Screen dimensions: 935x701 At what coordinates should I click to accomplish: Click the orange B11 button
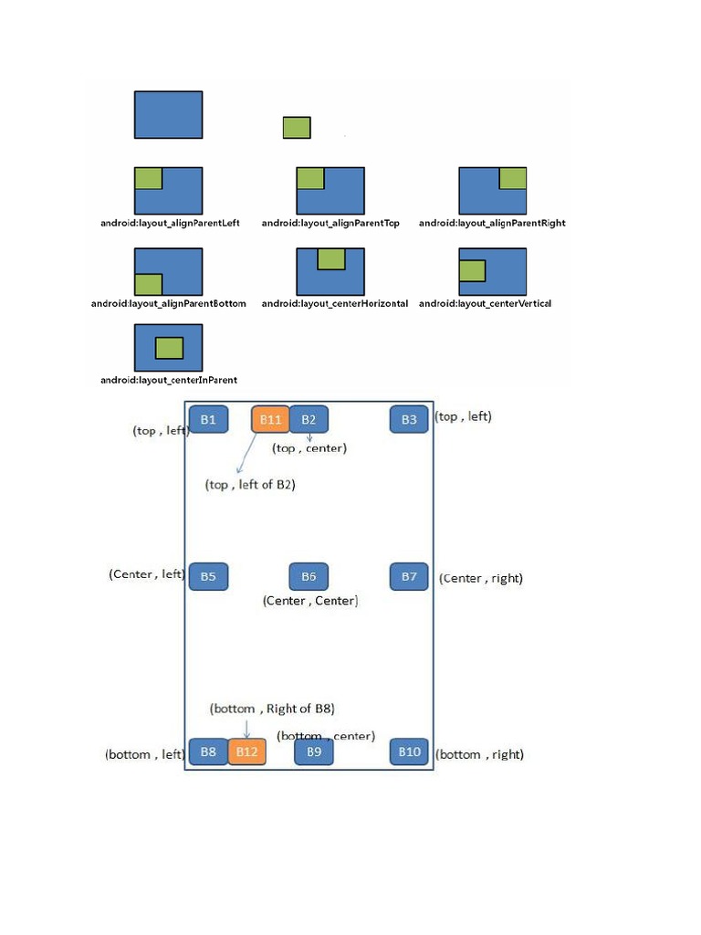pyautogui.click(x=270, y=419)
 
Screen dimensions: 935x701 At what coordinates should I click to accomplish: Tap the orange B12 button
pyautogui.click(x=246, y=751)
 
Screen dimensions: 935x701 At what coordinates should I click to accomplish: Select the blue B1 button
pyautogui.click(x=208, y=419)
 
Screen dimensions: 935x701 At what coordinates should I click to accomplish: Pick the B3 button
pyautogui.click(x=409, y=419)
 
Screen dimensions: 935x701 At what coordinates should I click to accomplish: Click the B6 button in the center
pyautogui.click(x=309, y=576)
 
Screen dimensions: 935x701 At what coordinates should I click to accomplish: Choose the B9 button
pyautogui.click(x=314, y=751)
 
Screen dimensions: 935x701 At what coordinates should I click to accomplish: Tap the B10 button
pyautogui.click(x=409, y=751)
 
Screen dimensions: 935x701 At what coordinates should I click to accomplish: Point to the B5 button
pyautogui.click(x=208, y=576)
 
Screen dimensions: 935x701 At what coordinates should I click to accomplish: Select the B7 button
pyautogui.click(x=409, y=576)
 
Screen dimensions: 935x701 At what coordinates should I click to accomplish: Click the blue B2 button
pyautogui.click(x=309, y=419)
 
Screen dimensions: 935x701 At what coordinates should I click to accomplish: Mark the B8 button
pyautogui.click(x=208, y=751)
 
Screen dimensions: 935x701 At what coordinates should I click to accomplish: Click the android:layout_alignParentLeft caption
pyautogui.click(x=170, y=223)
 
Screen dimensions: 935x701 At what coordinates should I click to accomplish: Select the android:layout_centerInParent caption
pyautogui.click(x=169, y=380)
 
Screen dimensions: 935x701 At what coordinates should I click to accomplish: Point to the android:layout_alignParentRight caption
pyautogui.click(x=492, y=223)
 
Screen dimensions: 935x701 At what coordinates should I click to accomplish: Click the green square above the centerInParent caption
pyautogui.click(x=169, y=348)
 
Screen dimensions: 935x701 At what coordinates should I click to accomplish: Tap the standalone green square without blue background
pyautogui.click(x=297, y=128)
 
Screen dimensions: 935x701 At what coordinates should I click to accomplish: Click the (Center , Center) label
pyautogui.click(x=309, y=601)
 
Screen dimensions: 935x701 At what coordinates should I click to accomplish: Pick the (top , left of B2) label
pyautogui.click(x=250, y=485)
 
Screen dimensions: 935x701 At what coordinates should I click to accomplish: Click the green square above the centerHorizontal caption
pyautogui.click(x=331, y=258)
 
